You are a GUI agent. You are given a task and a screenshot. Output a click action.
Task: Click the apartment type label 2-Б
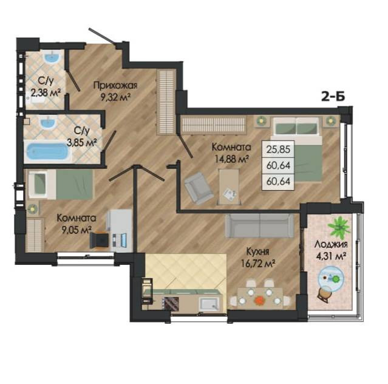click(x=333, y=97)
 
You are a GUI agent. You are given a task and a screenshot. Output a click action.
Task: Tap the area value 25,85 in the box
click(x=278, y=149)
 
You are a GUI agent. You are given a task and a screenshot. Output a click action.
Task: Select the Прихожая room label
click(x=115, y=86)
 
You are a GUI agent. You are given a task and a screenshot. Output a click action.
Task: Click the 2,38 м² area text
click(x=46, y=93)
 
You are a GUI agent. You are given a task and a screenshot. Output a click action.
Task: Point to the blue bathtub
click(x=47, y=151)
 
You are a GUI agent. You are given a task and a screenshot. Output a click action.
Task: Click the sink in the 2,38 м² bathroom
click(x=52, y=58)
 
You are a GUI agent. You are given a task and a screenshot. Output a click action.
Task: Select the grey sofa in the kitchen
click(x=259, y=226)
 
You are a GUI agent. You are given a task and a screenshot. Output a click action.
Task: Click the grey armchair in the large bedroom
click(x=199, y=188)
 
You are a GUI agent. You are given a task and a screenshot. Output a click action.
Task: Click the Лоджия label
click(x=331, y=244)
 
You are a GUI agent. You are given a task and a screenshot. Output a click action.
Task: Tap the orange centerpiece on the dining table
click(x=259, y=300)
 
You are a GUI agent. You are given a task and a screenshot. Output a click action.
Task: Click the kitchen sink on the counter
click(x=209, y=304)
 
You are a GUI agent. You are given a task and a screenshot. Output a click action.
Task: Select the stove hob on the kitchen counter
click(x=171, y=303)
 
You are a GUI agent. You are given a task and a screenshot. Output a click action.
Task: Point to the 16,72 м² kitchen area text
click(x=258, y=264)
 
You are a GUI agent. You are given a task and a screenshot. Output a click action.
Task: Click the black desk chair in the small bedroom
click(x=99, y=239)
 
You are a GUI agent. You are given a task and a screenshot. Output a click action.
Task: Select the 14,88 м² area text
click(x=231, y=159)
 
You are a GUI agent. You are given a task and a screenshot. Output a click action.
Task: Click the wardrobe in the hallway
click(x=166, y=102)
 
